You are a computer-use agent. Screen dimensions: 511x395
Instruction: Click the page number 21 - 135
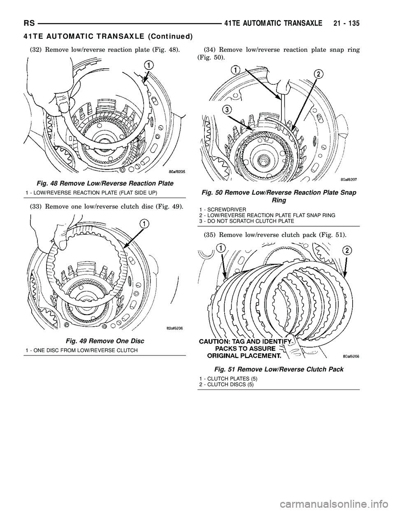tap(345, 24)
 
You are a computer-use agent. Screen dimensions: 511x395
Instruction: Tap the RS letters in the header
tap(29, 24)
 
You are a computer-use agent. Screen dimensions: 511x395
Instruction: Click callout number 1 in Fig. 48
tap(149, 65)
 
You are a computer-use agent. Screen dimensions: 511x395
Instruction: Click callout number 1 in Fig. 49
tap(144, 223)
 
